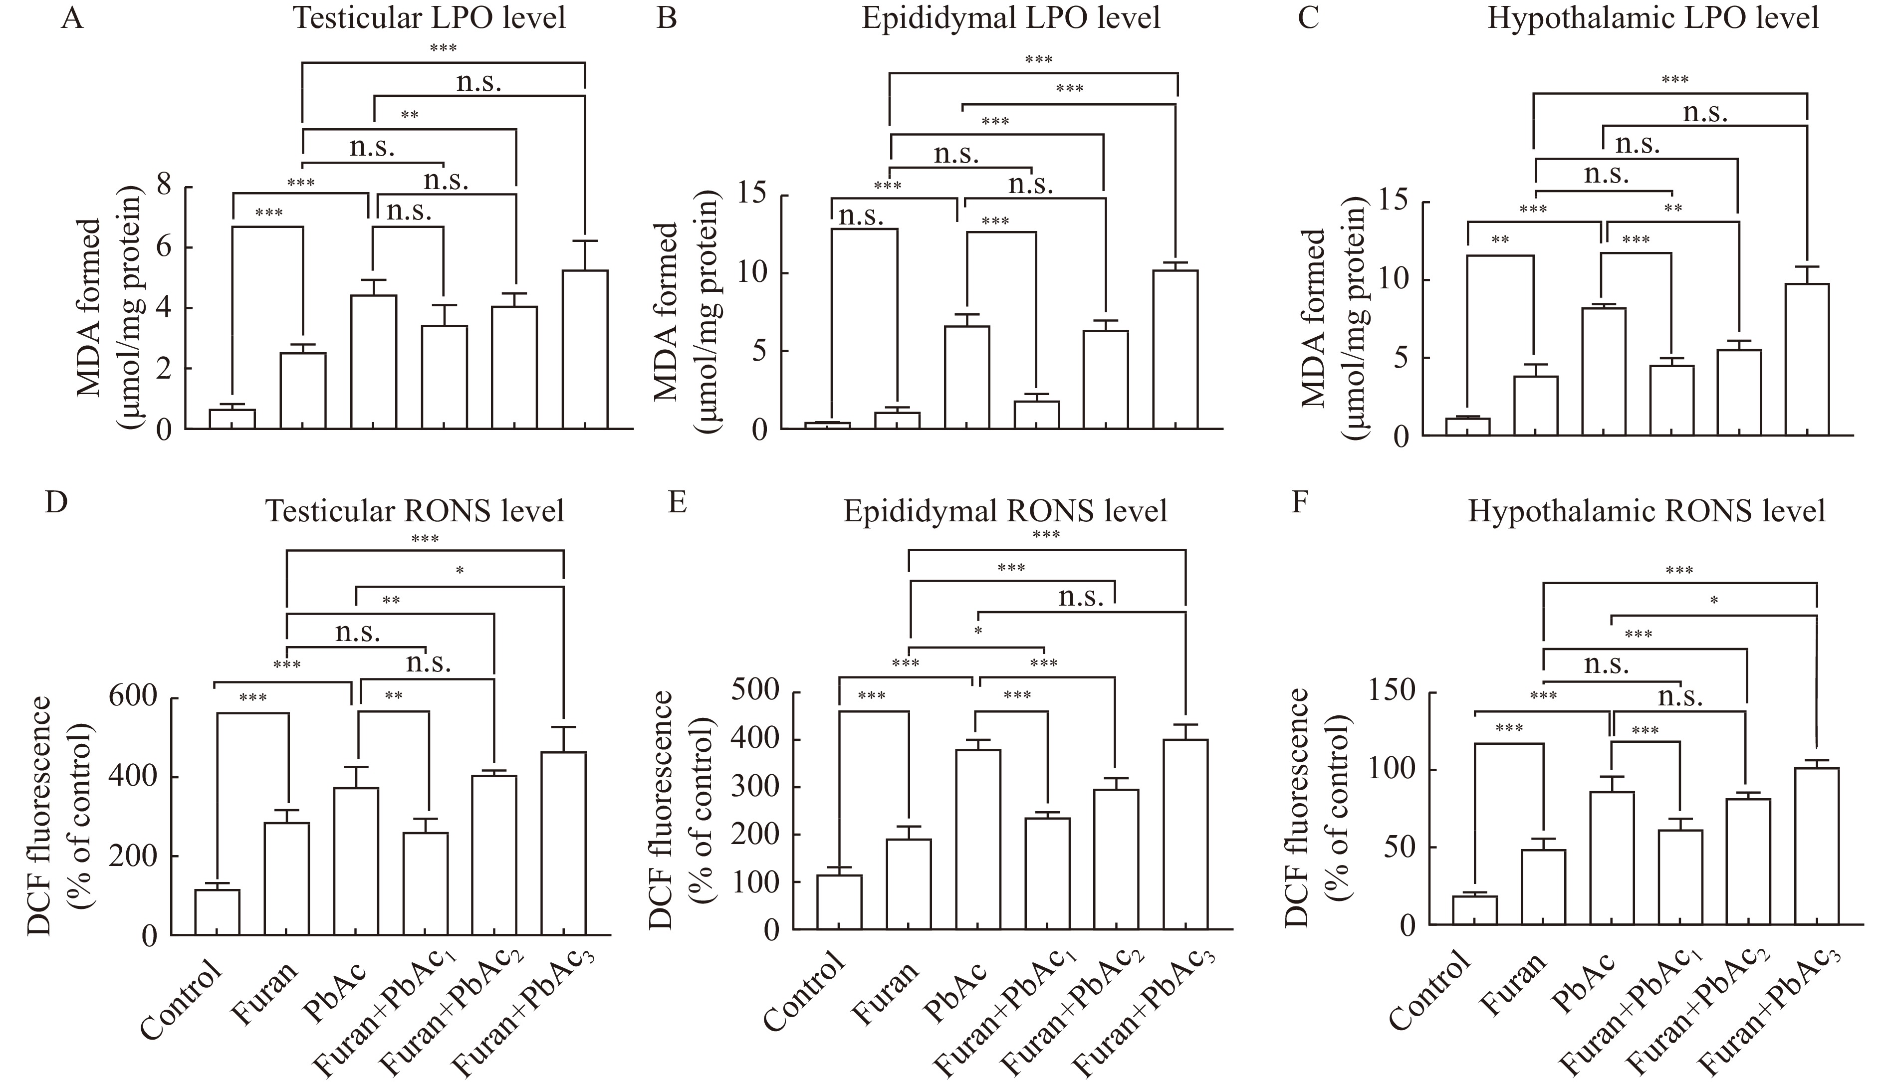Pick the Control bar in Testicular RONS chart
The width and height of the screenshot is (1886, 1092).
tap(217, 911)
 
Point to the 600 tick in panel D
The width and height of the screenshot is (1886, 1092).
tap(141, 698)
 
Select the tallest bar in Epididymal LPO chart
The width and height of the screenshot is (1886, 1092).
tap(1175, 349)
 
